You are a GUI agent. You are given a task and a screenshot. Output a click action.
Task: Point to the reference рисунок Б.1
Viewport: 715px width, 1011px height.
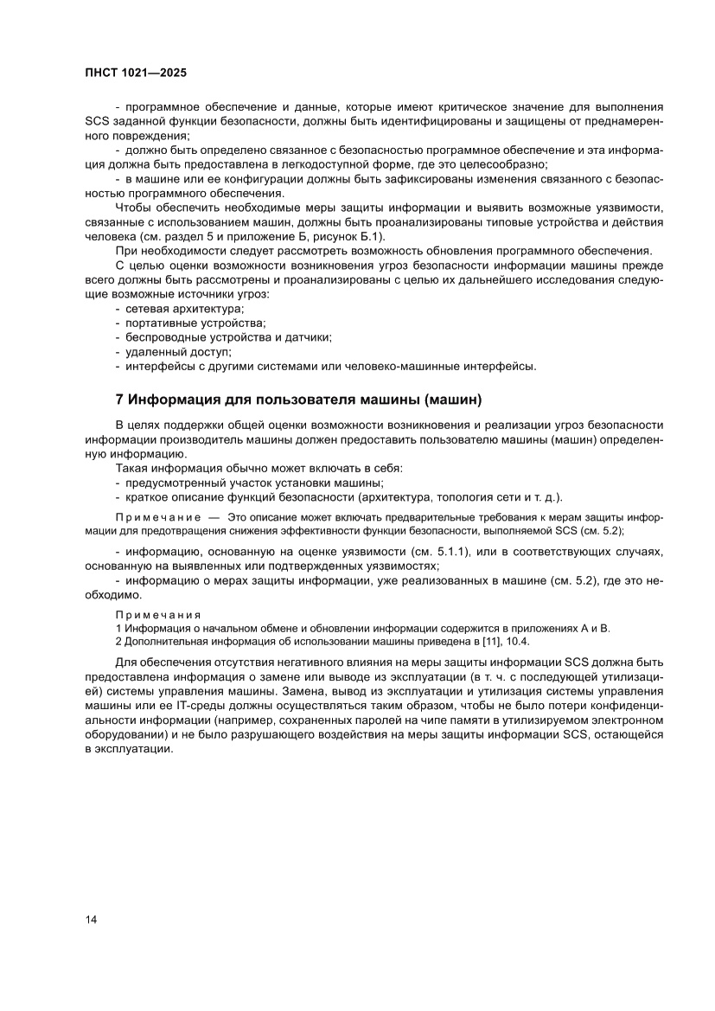[354, 236]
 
